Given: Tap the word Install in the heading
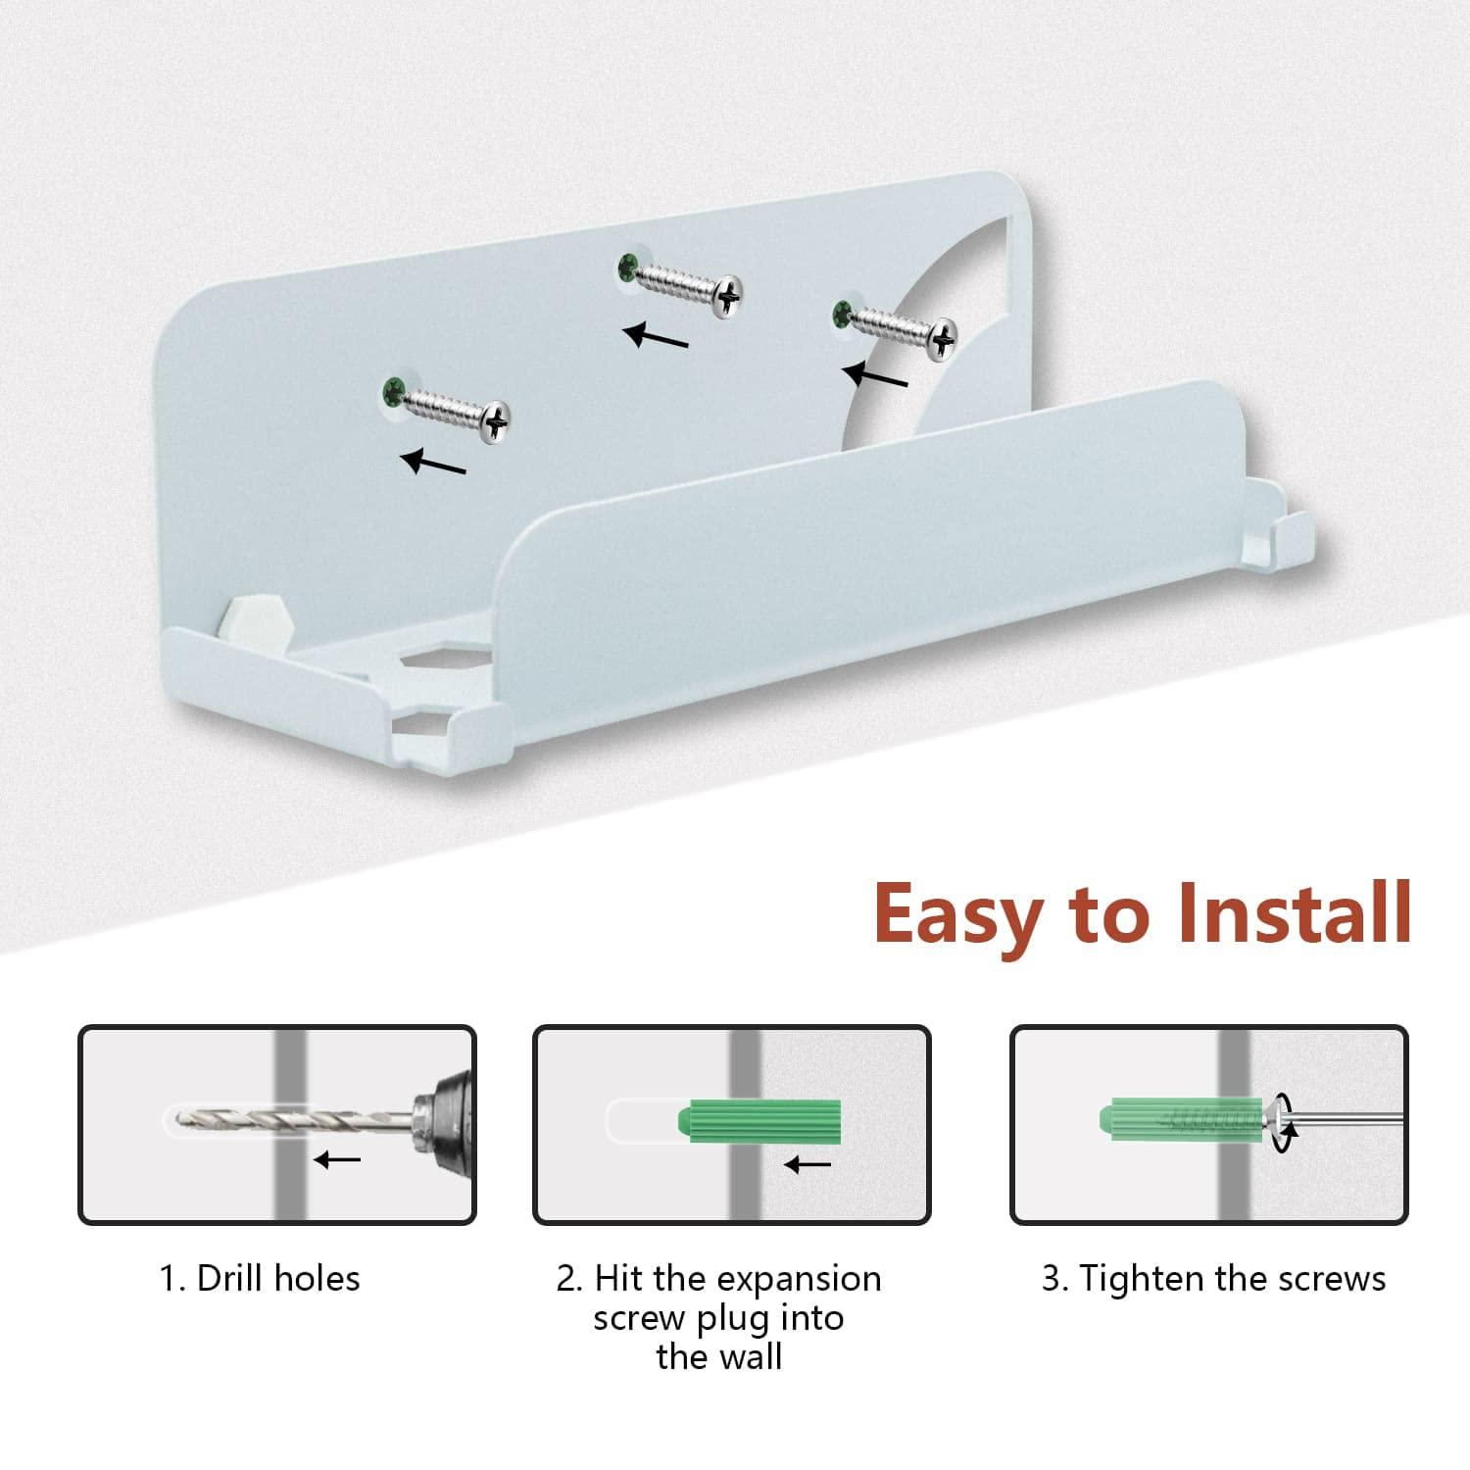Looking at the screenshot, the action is coord(1294,911).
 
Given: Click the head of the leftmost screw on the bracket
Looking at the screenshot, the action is coord(497,419).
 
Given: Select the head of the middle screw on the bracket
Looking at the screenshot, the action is coord(727,293).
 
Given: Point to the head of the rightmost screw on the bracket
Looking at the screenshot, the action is coord(942,339).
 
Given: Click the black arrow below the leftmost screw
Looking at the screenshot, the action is coord(433,462).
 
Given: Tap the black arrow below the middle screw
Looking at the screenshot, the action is coord(656,336).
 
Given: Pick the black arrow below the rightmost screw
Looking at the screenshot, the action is coord(874,375).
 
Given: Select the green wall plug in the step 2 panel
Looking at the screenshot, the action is coord(759,1120).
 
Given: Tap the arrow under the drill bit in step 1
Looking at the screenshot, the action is coord(338,1160).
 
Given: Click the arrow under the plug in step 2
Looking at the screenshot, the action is coord(808,1164).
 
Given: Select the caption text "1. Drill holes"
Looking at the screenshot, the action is coord(260,1278).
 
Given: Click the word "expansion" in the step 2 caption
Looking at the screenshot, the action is coord(798,1281).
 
